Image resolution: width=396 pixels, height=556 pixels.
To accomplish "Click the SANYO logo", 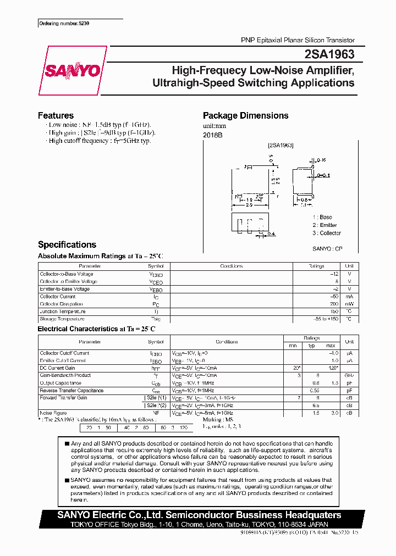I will click(72, 70).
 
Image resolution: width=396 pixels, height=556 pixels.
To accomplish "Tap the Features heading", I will click(56, 115).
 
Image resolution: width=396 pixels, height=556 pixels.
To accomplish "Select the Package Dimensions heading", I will click(245, 115).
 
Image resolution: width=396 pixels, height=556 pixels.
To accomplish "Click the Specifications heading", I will click(67, 244).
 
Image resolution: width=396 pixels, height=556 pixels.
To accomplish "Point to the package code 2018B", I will click(212, 135).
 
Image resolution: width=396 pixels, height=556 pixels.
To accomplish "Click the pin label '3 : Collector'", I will click(327, 233).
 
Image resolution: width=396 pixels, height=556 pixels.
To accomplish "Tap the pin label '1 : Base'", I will click(322, 217).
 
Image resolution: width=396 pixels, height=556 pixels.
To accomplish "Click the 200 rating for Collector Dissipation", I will click(333, 304).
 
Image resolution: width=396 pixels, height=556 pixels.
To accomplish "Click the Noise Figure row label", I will click(53, 413).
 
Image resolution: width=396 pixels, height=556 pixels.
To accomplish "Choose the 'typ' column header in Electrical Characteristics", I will click(311, 345).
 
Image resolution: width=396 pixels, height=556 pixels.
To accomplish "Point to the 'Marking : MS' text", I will click(218, 419).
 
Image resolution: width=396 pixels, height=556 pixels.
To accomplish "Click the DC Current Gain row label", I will click(57, 368).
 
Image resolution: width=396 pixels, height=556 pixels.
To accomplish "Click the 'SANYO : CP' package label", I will click(327, 249).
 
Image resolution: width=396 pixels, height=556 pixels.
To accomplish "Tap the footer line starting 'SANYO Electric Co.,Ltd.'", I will click(200, 515).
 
